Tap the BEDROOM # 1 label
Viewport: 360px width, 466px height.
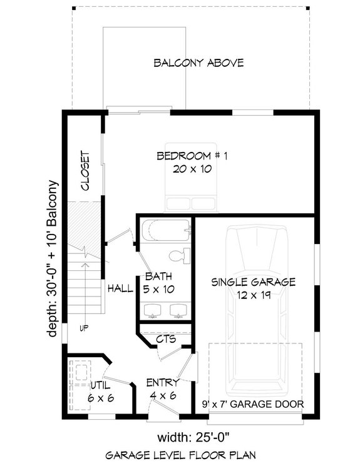point(192,156)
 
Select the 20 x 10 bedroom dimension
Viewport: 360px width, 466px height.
point(192,168)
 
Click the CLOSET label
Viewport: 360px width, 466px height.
point(85,171)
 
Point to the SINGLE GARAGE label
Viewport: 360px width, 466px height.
point(253,282)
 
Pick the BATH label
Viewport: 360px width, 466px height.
point(157,276)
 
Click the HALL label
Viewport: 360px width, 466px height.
point(119,288)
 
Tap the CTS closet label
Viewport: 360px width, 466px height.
point(166,340)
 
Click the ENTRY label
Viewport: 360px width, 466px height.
point(163,382)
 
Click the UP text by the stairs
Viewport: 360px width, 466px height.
point(82,327)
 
